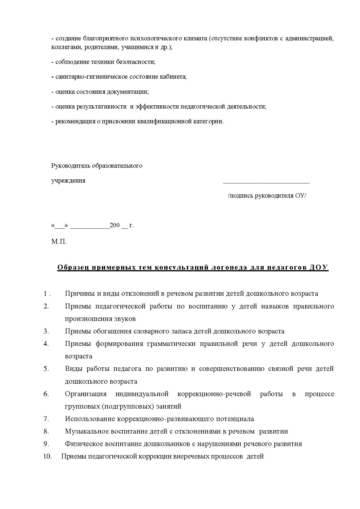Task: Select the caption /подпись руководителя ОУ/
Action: click(x=267, y=196)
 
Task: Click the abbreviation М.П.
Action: click(x=59, y=241)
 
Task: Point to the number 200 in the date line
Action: click(x=115, y=225)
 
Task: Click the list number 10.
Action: click(x=47, y=456)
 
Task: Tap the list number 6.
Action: click(x=46, y=394)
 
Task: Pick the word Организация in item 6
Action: click(x=86, y=394)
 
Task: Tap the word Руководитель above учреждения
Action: click(x=71, y=166)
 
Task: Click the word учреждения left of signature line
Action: click(x=68, y=181)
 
